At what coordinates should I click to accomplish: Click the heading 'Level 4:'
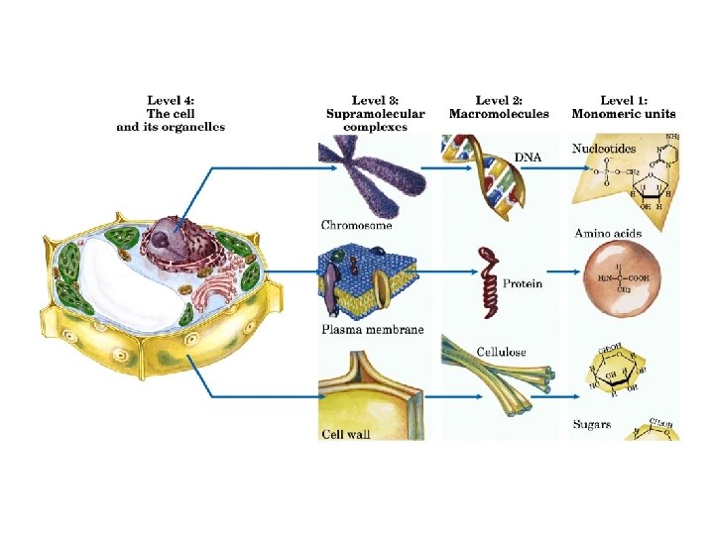coord(171,100)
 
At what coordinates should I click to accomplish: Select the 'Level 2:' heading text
coord(498,100)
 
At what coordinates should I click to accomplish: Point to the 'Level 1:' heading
coord(622,100)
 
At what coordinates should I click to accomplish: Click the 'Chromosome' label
coord(356,226)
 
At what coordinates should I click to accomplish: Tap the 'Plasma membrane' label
coord(372,329)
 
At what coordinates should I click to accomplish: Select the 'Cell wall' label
coord(345,434)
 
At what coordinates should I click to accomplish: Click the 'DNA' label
coord(528,157)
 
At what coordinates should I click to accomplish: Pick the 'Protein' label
coord(523,283)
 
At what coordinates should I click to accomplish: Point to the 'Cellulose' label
coord(502,352)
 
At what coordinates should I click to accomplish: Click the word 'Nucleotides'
coord(603,149)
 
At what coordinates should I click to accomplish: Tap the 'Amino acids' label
coord(608,234)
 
